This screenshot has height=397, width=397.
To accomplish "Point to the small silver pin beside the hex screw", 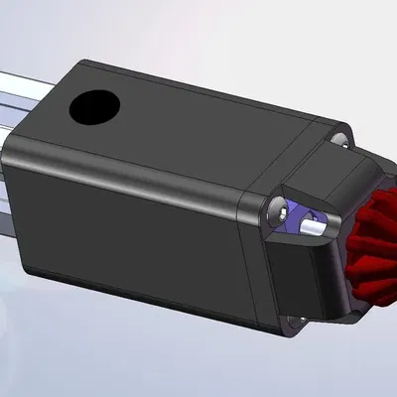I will coord(314,225).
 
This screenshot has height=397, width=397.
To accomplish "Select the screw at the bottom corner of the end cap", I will coord(291,320).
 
